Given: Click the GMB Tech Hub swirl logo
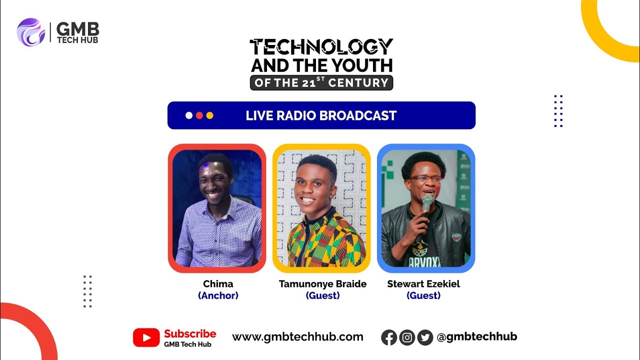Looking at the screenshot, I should pos(31,32).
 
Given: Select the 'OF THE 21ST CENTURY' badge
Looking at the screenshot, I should pos(321,83).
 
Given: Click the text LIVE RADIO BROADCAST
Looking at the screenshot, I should pos(321,115).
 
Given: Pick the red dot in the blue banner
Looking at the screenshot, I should pos(199,115).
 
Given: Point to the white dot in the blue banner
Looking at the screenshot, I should pos(188,115).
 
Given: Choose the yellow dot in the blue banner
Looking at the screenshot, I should pos(209,115).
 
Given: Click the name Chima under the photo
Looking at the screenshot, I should pos(218,284).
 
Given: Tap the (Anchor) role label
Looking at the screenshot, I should pos(218,295).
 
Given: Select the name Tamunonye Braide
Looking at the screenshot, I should pos(322,284).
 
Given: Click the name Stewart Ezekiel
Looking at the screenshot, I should pos(423,284).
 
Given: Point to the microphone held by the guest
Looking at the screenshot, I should pos(426,202).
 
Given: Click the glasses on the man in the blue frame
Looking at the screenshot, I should pos(425,177).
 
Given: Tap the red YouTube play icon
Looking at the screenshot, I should pos(146,337).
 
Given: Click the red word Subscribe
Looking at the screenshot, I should pos(190,334).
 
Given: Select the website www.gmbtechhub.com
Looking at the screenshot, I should pos(297,337).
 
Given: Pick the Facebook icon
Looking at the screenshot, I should pos(389,337).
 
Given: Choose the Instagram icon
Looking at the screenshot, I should pos(407,337).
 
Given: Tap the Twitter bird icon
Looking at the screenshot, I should pos(425,337).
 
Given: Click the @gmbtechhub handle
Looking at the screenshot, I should pos(476,337).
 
